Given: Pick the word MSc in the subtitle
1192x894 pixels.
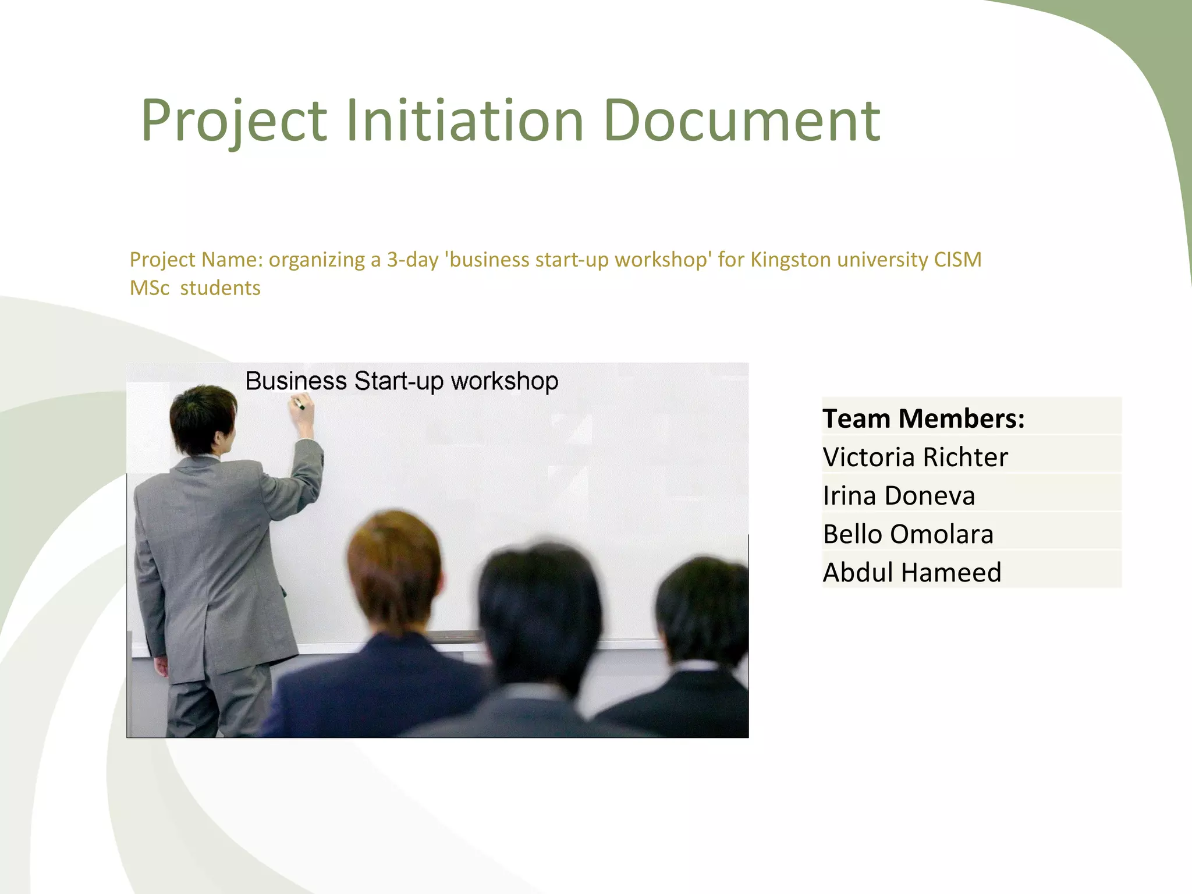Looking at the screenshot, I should tap(150, 288).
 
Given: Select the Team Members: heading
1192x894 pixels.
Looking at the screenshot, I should tap(923, 418).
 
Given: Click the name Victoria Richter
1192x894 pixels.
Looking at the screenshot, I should tap(915, 457).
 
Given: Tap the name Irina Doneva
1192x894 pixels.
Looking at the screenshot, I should tap(899, 496).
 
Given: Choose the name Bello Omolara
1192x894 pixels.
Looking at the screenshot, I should tap(908, 534).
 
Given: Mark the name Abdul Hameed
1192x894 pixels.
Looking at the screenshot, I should tap(912, 573).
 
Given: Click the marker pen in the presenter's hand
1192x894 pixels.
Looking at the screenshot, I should tap(299, 403).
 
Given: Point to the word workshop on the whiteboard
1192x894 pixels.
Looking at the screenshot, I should tap(504, 382).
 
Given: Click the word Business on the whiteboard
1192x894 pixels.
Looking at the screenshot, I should tap(296, 381).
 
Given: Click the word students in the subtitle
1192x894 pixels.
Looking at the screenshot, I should tap(220, 288).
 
